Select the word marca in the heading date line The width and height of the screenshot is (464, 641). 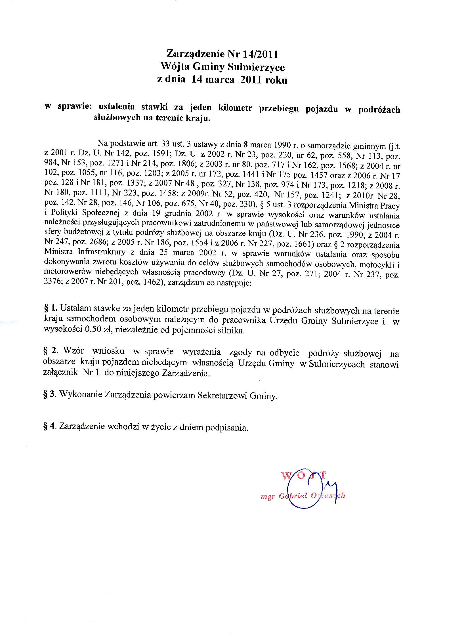pyautogui.click(x=220, y=80)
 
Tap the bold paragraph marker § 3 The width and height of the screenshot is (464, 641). pyautogui.click(x=49, y=395)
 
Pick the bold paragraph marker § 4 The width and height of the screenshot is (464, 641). pyautogui.click(x=49, y=434)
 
